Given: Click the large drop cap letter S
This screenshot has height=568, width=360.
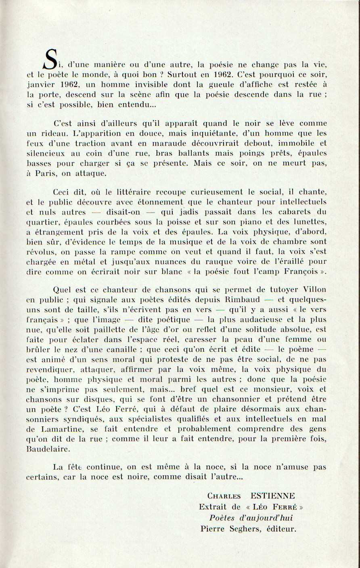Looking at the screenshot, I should pyautogui.click(x=50, y=59).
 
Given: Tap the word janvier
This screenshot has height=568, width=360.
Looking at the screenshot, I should pyautogui.click(x=40, y=85).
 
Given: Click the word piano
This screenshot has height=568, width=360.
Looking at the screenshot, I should pyautogui.click(x=250, y=222).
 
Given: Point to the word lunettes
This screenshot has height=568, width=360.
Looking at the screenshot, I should pyautogui.click(x=309, y=222).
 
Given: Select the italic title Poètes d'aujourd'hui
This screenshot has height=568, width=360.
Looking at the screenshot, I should pyautogui.click(x=251, y=518).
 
